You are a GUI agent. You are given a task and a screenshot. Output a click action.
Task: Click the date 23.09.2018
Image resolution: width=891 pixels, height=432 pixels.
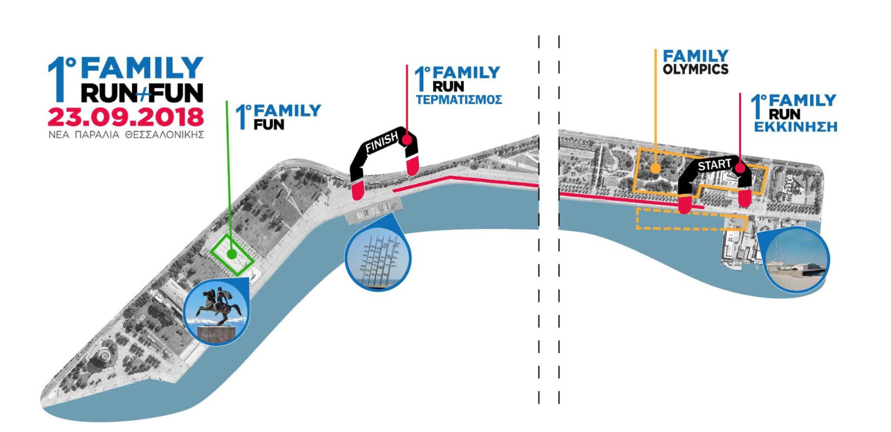(x=126, y=117)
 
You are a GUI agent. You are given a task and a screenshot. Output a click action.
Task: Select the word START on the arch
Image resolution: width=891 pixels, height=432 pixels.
(x=714, y=164)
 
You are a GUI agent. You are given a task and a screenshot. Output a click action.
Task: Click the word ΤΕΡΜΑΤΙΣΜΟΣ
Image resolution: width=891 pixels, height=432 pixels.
(x=458, y=100)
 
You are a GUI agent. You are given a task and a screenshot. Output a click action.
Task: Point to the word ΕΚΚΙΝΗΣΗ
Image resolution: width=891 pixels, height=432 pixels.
(x=795, y=127)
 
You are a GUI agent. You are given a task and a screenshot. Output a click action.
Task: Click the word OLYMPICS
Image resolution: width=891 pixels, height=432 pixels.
(x=695, y=69)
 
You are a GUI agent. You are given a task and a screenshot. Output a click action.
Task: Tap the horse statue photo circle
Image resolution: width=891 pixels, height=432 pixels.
(x=215, y=310)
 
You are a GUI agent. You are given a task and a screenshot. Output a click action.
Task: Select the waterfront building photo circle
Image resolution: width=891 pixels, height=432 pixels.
(x=796, y=260)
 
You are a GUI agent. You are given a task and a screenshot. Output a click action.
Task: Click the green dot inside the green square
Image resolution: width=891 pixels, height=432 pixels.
(x=232, y=254)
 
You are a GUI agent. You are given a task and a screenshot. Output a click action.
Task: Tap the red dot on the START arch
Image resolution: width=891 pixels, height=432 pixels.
(x=740, y=168)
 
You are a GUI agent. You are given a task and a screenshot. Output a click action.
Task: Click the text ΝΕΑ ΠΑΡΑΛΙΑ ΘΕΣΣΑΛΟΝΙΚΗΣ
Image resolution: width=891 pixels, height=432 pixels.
(x=126, y=134)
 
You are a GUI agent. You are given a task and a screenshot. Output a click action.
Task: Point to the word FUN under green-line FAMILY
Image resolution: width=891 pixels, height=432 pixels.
(x=268, y=125)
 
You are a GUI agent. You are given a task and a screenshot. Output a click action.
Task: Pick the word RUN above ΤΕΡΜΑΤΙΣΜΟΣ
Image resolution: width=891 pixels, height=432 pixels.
(x=448, y=86)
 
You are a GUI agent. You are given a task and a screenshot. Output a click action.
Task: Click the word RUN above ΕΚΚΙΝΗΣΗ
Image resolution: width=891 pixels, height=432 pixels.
(x=784, y=114)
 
